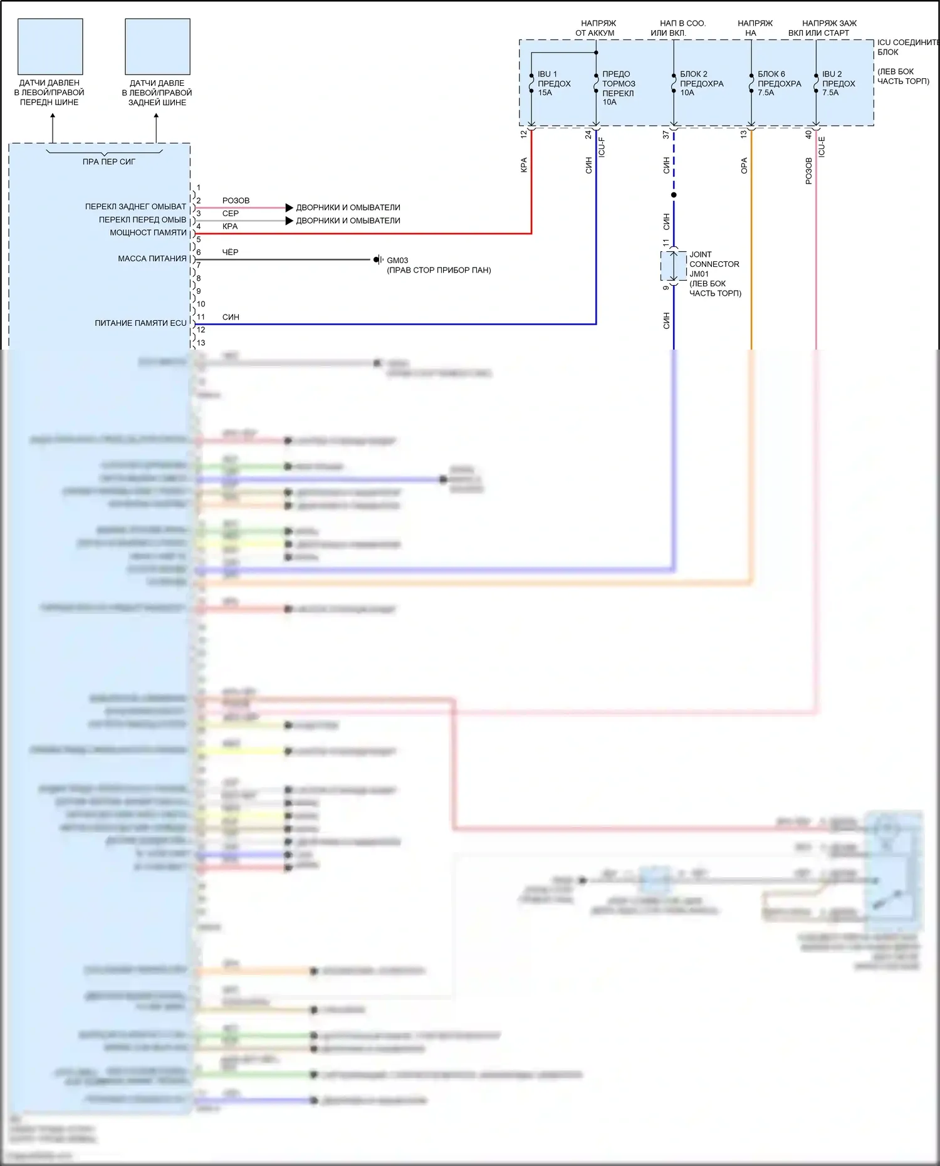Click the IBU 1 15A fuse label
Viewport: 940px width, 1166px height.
(x=553, y=83)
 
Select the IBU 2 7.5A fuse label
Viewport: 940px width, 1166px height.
(x=838, y=83)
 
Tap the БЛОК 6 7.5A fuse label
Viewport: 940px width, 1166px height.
(x=779, y=83)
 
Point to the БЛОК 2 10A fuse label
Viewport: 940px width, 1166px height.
(x=701, y=83)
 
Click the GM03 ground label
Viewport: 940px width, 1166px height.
(x=397, y=260)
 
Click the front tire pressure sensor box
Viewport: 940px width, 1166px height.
(x=50, y=46)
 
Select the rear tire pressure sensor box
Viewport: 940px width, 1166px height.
(x=157, y=46)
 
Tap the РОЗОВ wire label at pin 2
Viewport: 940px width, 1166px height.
(x=236, y=200)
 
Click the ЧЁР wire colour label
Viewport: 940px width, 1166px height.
(x=230, y=252)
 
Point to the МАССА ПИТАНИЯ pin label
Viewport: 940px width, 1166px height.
(x=152, y=259)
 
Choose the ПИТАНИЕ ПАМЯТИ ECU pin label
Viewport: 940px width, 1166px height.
(x=140, y=323)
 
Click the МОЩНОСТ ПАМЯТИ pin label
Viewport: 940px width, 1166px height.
(x=149, y=232)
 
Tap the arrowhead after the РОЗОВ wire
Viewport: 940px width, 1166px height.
(x=289, y=207)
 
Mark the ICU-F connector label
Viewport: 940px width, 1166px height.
(x=602, y=147)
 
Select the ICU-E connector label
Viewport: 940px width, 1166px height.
(x=822, y=147)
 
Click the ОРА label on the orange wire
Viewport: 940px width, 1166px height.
(x=744, y=165)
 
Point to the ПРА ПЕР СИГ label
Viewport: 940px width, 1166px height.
(x=108, y=162)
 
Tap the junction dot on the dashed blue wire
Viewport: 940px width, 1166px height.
(x=674, y=195)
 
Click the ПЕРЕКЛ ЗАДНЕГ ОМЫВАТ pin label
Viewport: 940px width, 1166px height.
(x=135, y=207)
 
